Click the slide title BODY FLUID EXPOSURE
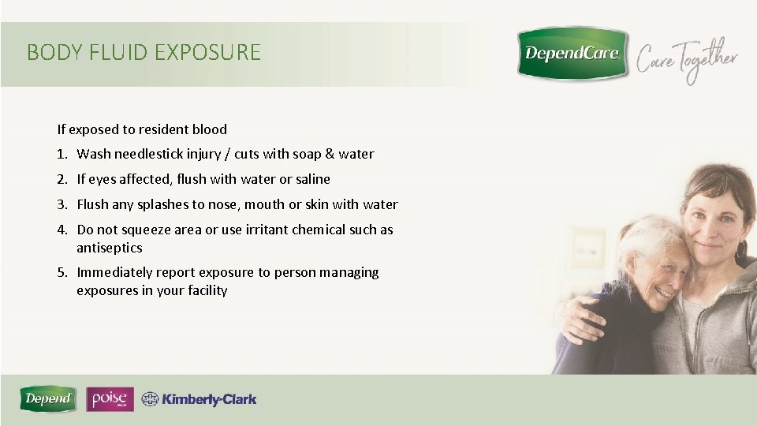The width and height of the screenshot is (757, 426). click(x=144, y=53)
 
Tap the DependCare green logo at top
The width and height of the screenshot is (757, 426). click(x=572, y=54)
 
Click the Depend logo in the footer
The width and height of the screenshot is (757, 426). click(x=49, y=399)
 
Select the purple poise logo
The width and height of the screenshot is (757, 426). click(x=110, y=399)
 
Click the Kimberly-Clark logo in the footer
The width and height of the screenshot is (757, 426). click(x=200, y=399)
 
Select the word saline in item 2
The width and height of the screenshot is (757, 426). click(x=312, y=179)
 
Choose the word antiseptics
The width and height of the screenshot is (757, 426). click(x=109, y=248)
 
